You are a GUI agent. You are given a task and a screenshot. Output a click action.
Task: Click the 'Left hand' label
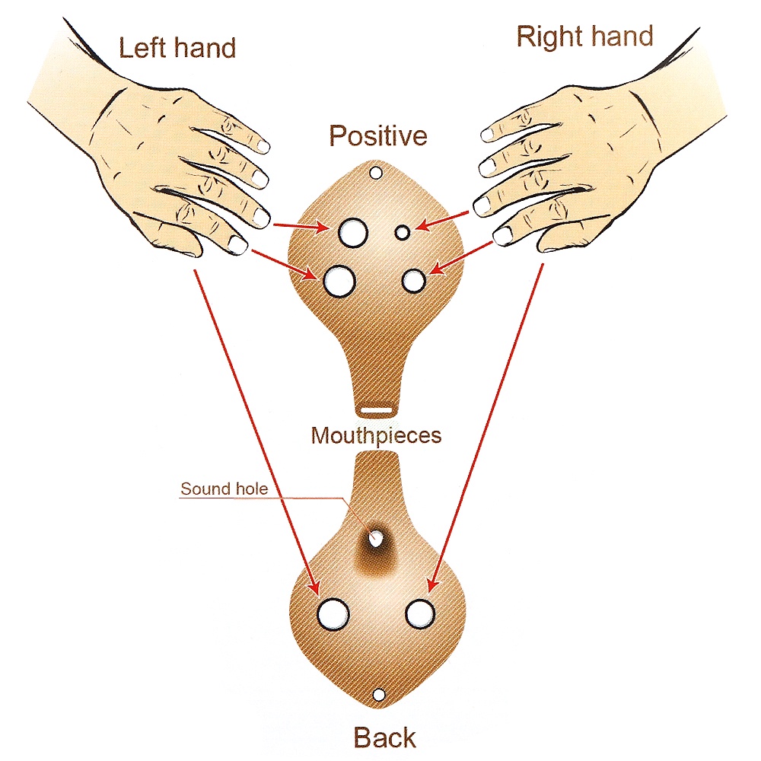click(x=177, y=48)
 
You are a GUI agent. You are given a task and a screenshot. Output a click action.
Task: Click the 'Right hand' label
click(x=584, y=37)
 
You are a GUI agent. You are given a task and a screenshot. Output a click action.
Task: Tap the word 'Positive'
click(x=378, y=136)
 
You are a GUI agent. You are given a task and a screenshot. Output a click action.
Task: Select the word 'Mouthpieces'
click(x=376, y=435)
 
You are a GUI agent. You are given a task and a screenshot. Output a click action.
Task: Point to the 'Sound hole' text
click(x=224, y=489)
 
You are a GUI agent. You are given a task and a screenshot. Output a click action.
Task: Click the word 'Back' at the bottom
click(x=384, y=737)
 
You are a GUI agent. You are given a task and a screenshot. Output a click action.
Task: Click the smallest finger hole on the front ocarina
click(x=403, y=232)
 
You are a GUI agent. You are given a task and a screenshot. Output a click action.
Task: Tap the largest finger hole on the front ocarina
click(x=339, y=281)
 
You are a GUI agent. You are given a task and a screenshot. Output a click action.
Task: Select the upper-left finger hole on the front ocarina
click(x=352, y=232)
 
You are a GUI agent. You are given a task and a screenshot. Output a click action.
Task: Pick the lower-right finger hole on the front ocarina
click(x=414, y=281)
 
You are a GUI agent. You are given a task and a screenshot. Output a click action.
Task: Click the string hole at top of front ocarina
click(x=375, y=173)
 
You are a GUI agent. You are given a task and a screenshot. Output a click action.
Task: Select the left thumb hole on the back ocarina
click(x=333, y=613)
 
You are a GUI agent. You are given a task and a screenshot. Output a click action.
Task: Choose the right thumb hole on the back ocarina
click(x=419, y=613)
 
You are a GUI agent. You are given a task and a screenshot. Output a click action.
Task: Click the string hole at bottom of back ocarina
click(x=378, y=695)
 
